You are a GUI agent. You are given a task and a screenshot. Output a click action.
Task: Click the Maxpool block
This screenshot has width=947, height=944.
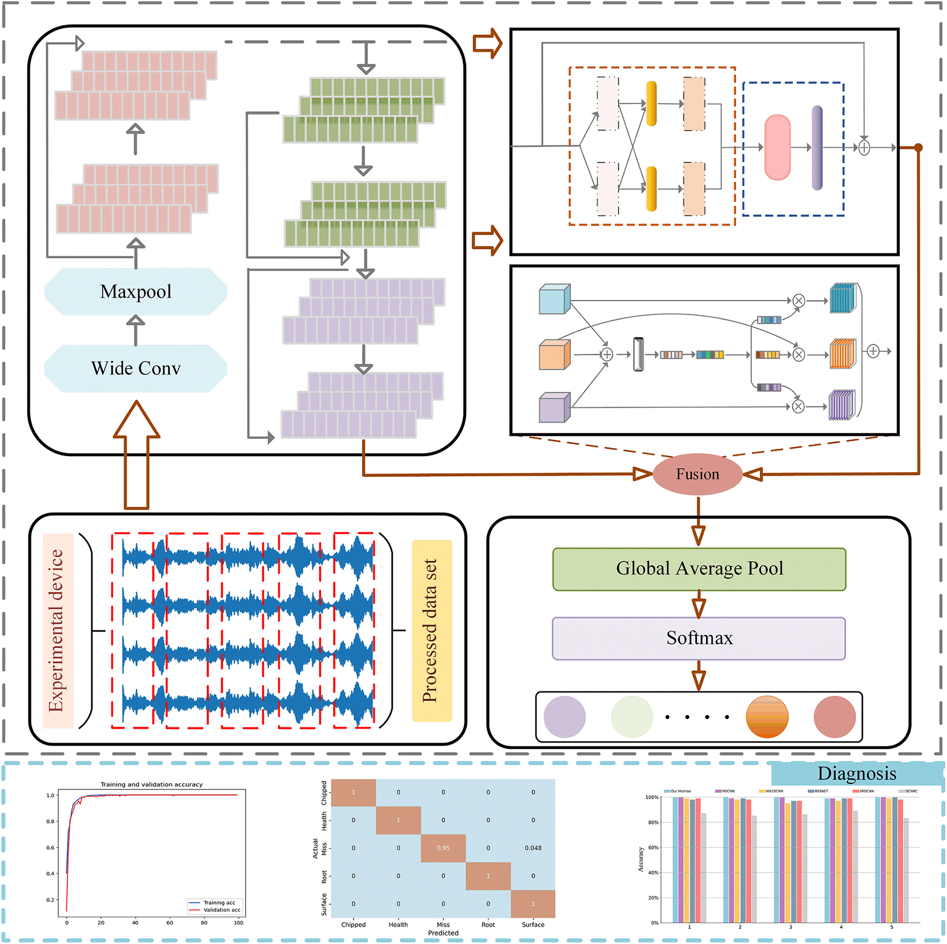(x=136, y=292)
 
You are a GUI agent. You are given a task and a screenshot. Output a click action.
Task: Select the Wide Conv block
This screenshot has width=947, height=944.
(x=136, y=368)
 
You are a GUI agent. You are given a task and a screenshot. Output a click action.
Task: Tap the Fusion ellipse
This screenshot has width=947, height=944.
(x=698, y=474)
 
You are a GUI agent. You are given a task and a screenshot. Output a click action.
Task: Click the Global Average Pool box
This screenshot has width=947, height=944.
(x=699, y=568)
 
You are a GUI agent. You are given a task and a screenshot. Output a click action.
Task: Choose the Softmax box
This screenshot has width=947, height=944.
(x=699, y=638)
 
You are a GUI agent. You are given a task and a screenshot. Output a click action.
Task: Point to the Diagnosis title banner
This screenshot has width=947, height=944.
(x=856, y=774)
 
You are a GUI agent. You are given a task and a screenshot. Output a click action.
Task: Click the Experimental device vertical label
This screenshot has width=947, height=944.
(x=57, y=630)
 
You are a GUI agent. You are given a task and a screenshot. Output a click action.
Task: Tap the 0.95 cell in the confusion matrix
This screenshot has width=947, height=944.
(x=443, y=848)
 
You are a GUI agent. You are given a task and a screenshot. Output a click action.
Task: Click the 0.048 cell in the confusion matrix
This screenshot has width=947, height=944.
(x=533, y=848)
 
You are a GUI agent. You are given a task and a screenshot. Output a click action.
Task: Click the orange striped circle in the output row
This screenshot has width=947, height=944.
(x=767, y=717)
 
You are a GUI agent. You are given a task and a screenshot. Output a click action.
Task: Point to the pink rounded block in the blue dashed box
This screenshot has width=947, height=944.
(x=777, y=147)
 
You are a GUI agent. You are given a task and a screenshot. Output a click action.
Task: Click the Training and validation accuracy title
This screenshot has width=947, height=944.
(x=152, y=784)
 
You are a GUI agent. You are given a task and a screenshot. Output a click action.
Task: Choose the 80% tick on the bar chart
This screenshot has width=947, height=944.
(x=653, y=822)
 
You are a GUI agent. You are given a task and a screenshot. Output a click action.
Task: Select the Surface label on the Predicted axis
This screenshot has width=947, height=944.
(x=533, y=925)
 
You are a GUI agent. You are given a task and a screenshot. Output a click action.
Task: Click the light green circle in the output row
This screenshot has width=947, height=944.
(x=632, y=717)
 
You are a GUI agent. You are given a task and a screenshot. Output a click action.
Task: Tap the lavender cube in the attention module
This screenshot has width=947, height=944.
(x=554, y=408)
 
